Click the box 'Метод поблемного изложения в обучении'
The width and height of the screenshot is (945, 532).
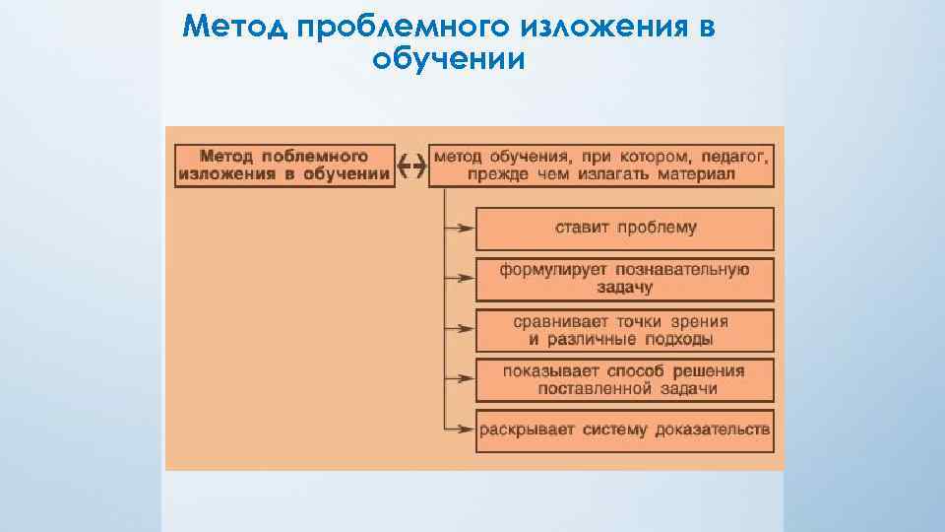point(284,166)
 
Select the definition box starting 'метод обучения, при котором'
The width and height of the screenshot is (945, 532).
point(601,166)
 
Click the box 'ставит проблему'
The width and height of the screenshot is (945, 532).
point(625,229)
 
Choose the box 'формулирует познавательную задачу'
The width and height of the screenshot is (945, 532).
point(625,279)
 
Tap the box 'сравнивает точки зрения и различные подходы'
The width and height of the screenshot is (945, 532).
point(625,330)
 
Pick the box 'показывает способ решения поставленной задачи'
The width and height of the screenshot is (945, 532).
point(625,380)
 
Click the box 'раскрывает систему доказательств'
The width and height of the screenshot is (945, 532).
point(625,430)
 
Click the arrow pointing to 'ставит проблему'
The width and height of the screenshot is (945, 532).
point(460,229)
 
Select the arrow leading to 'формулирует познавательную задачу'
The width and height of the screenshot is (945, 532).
point(460,280)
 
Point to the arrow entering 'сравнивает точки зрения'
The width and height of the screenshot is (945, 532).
point(460,330)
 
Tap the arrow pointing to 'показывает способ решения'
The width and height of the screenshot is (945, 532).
point(460,380)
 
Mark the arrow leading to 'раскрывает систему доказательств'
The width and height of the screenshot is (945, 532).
point(460,430)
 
